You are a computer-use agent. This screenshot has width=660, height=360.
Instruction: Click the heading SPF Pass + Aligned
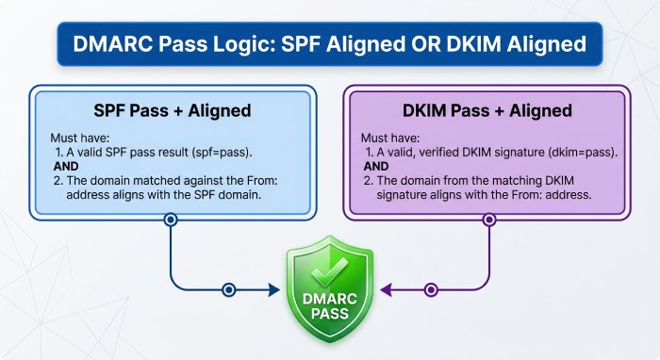pos(173,110)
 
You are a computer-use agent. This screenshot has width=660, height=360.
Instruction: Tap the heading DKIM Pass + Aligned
pos(487,110)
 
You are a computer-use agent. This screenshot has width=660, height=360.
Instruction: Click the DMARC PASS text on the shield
pos(329,306)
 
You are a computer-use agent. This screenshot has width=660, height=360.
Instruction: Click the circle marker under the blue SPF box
pos(171,220)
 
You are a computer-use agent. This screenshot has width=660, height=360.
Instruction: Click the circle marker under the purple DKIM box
pos(488,220)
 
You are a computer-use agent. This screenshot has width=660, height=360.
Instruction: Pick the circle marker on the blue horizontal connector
pos(227,290)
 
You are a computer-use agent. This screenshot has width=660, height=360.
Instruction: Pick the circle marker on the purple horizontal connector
pos(432,290)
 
